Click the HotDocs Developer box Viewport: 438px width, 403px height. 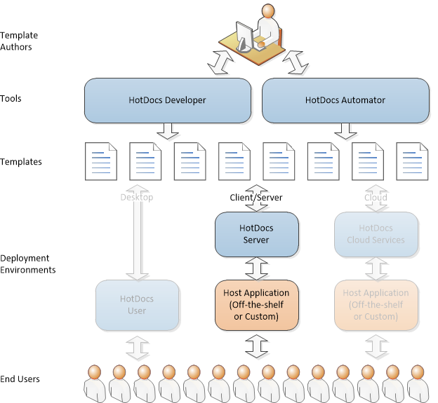click(x=168, y=100)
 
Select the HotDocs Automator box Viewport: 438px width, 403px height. click(x=345, y=100)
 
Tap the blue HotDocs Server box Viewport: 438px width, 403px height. click(x=256, y=234)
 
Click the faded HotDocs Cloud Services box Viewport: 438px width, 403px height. click(x=376, y=234)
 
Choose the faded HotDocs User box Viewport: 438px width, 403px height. click(x=137, y=305)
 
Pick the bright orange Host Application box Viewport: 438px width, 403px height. click(x=256, y=305)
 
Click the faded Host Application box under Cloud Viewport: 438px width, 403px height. click(x=376, y=305)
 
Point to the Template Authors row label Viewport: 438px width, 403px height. click(x=20, y=41)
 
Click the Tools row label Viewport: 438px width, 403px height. click(x=11, y=99)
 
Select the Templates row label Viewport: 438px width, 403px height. click(x=21, y=162)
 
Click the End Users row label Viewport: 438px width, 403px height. click(x=20, y=379)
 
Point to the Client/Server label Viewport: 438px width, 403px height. click(x=256, y=198)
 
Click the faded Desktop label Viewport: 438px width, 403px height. click(x=137, y=198)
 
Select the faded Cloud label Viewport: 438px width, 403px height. click(x=376, y=198)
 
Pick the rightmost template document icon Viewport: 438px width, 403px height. click(x=413, y=162)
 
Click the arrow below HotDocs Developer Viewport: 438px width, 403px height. click(x=168, y=131)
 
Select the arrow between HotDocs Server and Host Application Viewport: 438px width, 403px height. click(x=256, y=267)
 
